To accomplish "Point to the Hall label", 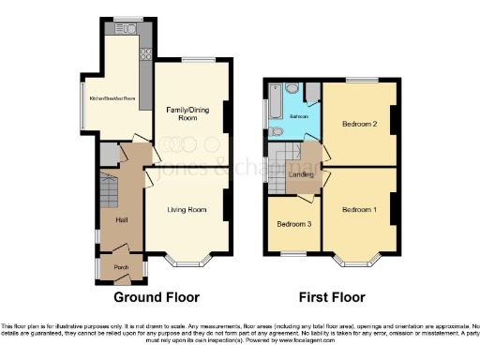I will point(121,220).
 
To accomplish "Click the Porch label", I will point(121,267).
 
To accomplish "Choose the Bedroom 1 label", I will point(359,209).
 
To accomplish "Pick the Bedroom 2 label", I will point(359,124).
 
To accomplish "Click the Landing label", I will point(301,174).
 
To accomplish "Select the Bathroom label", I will point(299,117).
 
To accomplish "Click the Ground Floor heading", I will point(157,298).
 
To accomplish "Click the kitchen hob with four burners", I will point(145,53).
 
